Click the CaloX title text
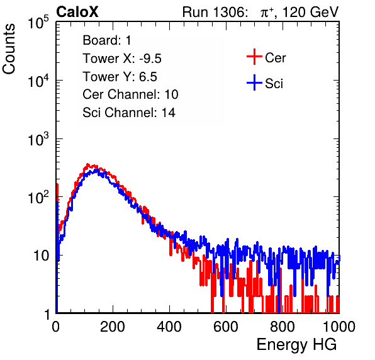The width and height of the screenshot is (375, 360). coord(77,12)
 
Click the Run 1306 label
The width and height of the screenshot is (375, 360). coord(215,12)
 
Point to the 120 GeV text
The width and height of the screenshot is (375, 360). coord(311,12)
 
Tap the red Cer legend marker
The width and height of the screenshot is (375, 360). coord(254,57)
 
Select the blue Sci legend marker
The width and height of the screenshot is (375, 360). coord(254,82)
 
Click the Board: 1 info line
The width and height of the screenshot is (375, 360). coord(107,40)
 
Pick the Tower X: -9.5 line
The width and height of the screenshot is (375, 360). coord(122,59)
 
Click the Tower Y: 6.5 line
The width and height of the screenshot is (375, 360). coord(120,77)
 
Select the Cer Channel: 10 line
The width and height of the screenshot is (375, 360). coord(130,94)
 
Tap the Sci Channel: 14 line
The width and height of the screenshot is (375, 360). coord(129,113)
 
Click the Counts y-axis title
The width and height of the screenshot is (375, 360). coord(9,49)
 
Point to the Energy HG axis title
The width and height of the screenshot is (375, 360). coord(296,345)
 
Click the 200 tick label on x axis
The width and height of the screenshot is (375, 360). coord(113,327)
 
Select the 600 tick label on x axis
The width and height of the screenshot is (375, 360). coord(226,327)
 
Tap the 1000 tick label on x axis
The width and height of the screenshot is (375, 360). coord(339,327)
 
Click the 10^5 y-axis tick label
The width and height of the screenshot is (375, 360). coord(38,23)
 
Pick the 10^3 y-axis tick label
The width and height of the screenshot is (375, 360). coord(38,139)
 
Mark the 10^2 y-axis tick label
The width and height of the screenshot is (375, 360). coord(38,198)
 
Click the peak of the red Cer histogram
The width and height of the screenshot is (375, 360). coord(87,164)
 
